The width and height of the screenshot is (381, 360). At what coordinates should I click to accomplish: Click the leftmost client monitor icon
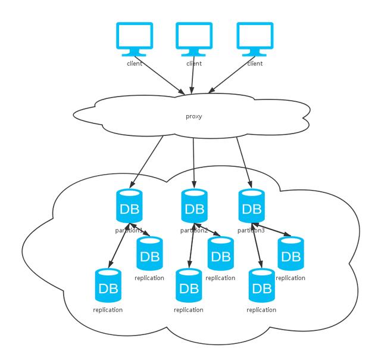point(135,39)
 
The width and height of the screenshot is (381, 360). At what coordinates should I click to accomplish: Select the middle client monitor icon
point(194,39)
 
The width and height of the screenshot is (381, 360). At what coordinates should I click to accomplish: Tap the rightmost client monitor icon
point(255,39)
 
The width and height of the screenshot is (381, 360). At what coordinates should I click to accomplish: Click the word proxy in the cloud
point(194,116)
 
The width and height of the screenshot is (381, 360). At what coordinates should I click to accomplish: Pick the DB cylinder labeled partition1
point(129,206)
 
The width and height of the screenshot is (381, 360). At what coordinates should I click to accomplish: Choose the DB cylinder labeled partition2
point(195,206)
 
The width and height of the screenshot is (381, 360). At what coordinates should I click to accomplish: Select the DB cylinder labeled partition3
point(251,206)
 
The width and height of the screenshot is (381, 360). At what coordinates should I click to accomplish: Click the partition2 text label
point(194,230)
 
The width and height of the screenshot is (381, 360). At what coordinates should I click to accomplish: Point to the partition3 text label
point(251,230)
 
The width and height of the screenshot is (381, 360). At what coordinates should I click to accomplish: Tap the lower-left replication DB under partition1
point(108,285)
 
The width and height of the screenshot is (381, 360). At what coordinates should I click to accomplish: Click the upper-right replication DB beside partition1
point(149,253)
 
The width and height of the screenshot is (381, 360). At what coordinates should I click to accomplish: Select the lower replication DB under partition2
point(189,285)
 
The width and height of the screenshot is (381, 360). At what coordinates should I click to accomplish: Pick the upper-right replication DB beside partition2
point(221,253)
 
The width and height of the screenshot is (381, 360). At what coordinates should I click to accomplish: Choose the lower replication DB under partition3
point(262,285)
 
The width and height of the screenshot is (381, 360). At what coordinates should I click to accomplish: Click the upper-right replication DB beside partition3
point(291,253)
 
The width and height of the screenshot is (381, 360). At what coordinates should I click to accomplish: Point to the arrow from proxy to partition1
point(146,162)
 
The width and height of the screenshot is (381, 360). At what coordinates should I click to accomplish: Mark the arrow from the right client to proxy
point(232,75)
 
